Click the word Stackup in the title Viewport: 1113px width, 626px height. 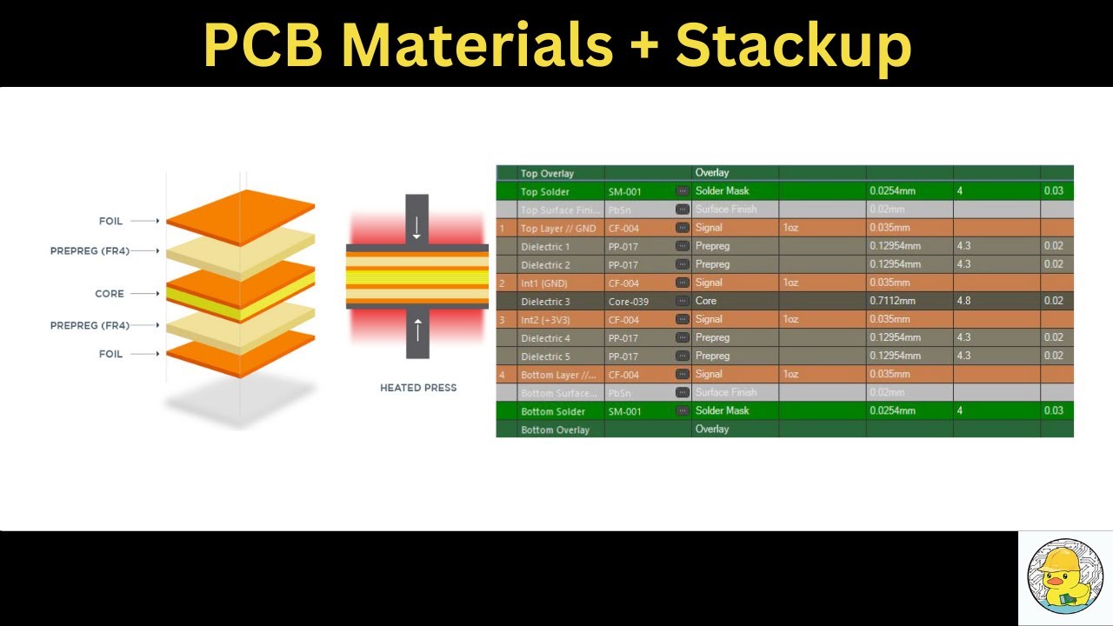coord(793,45)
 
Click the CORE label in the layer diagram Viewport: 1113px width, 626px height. coord(110,294)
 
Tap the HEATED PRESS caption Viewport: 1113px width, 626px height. coord(418,388)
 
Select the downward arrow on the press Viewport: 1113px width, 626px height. coord(417,228)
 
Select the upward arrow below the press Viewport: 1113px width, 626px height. coord(417,330)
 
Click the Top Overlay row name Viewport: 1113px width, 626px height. coord(547,173)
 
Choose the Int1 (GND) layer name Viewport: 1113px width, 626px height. coord(543,283)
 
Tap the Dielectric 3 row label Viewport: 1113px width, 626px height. coord(545,302)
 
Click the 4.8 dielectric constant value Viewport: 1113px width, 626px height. coord(963,301)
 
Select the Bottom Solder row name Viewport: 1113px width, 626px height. coord(552,411)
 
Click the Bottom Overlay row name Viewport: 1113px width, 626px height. coord(555,430)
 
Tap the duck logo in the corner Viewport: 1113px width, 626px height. coord(1065,578)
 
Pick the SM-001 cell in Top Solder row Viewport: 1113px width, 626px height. coord(624,191)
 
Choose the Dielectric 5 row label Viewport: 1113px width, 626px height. coord(545,356)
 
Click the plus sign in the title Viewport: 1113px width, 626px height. coord(645,45)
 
